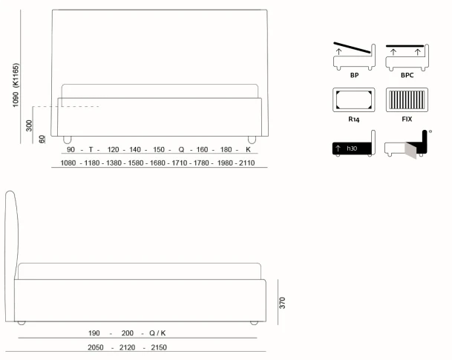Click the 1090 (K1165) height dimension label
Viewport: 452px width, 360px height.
click(x=16, y=85)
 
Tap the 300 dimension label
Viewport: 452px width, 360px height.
click(x=29, y=125)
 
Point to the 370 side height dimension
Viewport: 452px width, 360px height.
click(x=282, y=303)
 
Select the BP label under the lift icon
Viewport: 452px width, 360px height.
click(x=354, y=75)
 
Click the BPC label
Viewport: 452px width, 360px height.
click(x=407, y=75)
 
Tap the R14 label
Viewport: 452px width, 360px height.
click(x=354, y=119)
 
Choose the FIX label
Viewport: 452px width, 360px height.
click(x=407, y=119)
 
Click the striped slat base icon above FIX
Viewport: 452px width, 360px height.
click(x=407, y=99)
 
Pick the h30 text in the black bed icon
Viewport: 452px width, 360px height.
click(x=352, y=148)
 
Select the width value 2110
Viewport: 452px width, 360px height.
click(x=246, y=163)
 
